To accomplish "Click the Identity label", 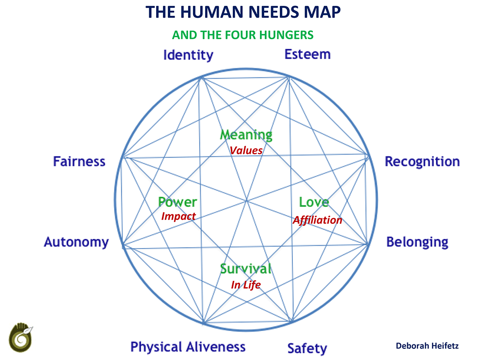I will point(188,55).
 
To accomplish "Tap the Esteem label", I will point(307,54).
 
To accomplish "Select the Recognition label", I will point(422,161).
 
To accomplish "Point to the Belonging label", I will point(417,242).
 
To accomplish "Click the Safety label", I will point(307,348).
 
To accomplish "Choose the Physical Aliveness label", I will point(188,347).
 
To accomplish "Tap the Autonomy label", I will point(76,242).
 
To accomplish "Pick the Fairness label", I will point(79,161).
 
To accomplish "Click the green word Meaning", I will point(246,135).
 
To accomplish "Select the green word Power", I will point(177,202).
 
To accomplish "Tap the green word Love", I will point(314,202).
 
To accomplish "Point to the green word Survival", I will point(245,268).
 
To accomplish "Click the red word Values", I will point(246,150).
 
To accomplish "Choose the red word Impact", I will point(178,216).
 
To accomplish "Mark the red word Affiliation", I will point(317,220).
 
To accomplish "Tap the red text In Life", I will point(246,285).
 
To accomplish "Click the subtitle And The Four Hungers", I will point(243,35).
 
